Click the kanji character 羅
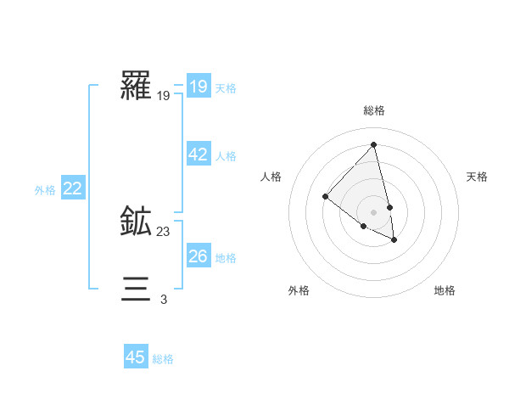[x=136, y=86]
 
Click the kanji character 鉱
[x=136, y=222]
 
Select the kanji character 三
[x=136, y=289]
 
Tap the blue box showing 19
[x=198, y=87]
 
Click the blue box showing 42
[x=198, y=155]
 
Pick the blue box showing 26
[x=198, y=256]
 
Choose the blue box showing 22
[x=72, y=188]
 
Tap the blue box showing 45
[x=136, y=357]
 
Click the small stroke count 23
[x=164, y=232]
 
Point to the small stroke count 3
[x=164, y=299]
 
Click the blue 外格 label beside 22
[x=45, y=190]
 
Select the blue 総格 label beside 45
[x=163, y=359]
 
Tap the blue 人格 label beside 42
[x=226, y=156]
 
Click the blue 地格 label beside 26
[x=226, y=258]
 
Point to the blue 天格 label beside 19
[x=226, y=88]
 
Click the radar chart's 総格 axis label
[x=374, y=110]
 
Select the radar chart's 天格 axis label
[x=477, y=177]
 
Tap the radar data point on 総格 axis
[x=374, y=145]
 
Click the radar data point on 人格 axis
[x=325, y=196]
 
